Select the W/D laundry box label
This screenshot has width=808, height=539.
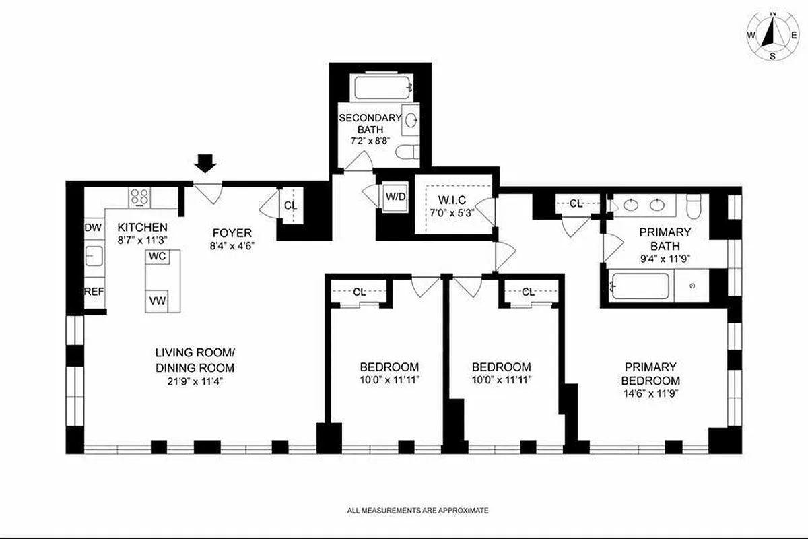pyautogui.click(x=395, y=197)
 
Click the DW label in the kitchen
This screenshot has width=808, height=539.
pyautogui.click(x=92, y=228)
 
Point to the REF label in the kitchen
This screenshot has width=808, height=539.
pyautogui.click(x=93, y=291)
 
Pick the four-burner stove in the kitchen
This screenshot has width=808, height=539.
pyautogui.click(x=140, y=197)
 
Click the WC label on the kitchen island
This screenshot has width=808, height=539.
pyautogui.click(x=158, y=257)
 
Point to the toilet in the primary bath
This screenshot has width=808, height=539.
pyautogui.click(x=693, y=203)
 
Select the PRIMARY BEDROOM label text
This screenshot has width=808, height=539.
pyautogui.click(x=650, y=373)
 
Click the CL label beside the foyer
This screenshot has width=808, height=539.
pyautogui.click(x=290, y=206)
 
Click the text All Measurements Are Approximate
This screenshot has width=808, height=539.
pyautogui.click(x=418, y=511)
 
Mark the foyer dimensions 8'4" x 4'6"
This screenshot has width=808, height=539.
pyautogui.click(x=229, y=246)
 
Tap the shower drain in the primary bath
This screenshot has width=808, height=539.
pyautogui.click(x=693, y=286)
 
